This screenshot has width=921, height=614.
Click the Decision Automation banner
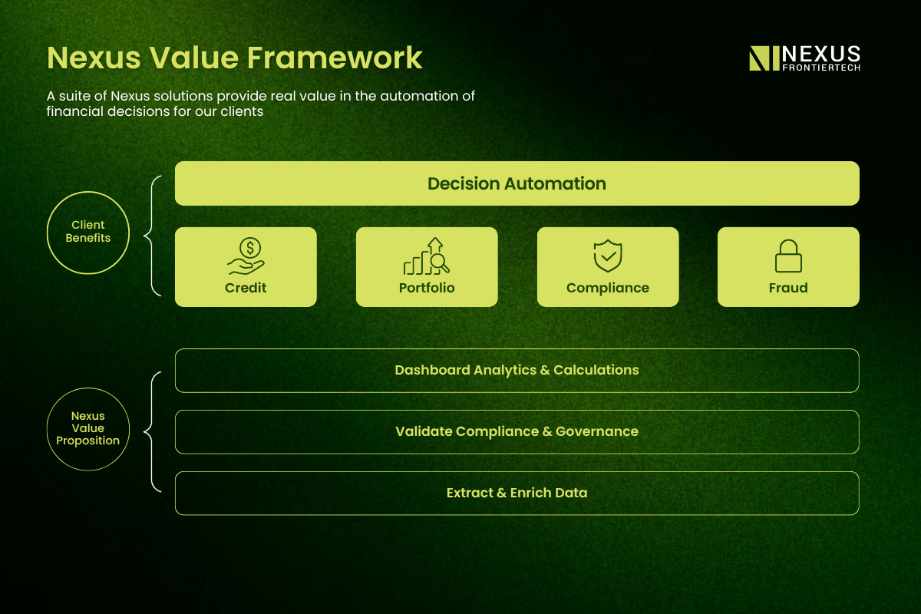click(517, 183)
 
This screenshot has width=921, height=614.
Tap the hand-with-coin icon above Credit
click(246, 256)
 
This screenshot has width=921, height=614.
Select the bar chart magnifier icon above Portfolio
click(427, 256)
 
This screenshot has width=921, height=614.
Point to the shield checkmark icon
click(608, 256)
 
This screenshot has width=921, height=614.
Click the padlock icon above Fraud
click(788, 256)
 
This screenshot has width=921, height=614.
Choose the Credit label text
click(246, 288)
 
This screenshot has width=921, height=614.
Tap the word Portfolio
click(427, 288)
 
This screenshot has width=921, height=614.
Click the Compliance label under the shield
click(608, 289)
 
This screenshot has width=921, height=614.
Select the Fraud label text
click(788, 288)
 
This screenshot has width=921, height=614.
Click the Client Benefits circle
click(88, 192)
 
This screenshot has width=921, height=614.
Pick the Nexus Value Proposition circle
click(88, 388)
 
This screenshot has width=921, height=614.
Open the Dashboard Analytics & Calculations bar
click(517, 371)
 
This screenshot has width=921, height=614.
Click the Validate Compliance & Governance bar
click(517, 432)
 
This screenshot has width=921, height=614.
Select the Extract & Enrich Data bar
click(517, 493)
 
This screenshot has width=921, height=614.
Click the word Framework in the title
click(335, 58)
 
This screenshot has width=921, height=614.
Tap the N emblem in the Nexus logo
click(764, 58)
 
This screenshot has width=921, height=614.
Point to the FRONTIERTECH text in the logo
click(821, 68)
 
